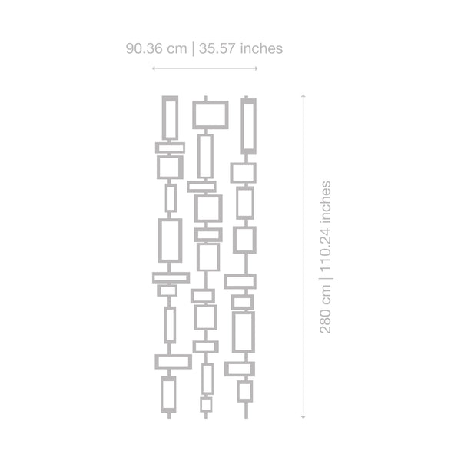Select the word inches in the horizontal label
tap(261, 48)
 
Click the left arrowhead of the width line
tap(154, 68)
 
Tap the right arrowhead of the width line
tap(256, 68)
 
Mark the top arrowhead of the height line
tap(303, 96)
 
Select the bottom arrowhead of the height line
tap(303, 416)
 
